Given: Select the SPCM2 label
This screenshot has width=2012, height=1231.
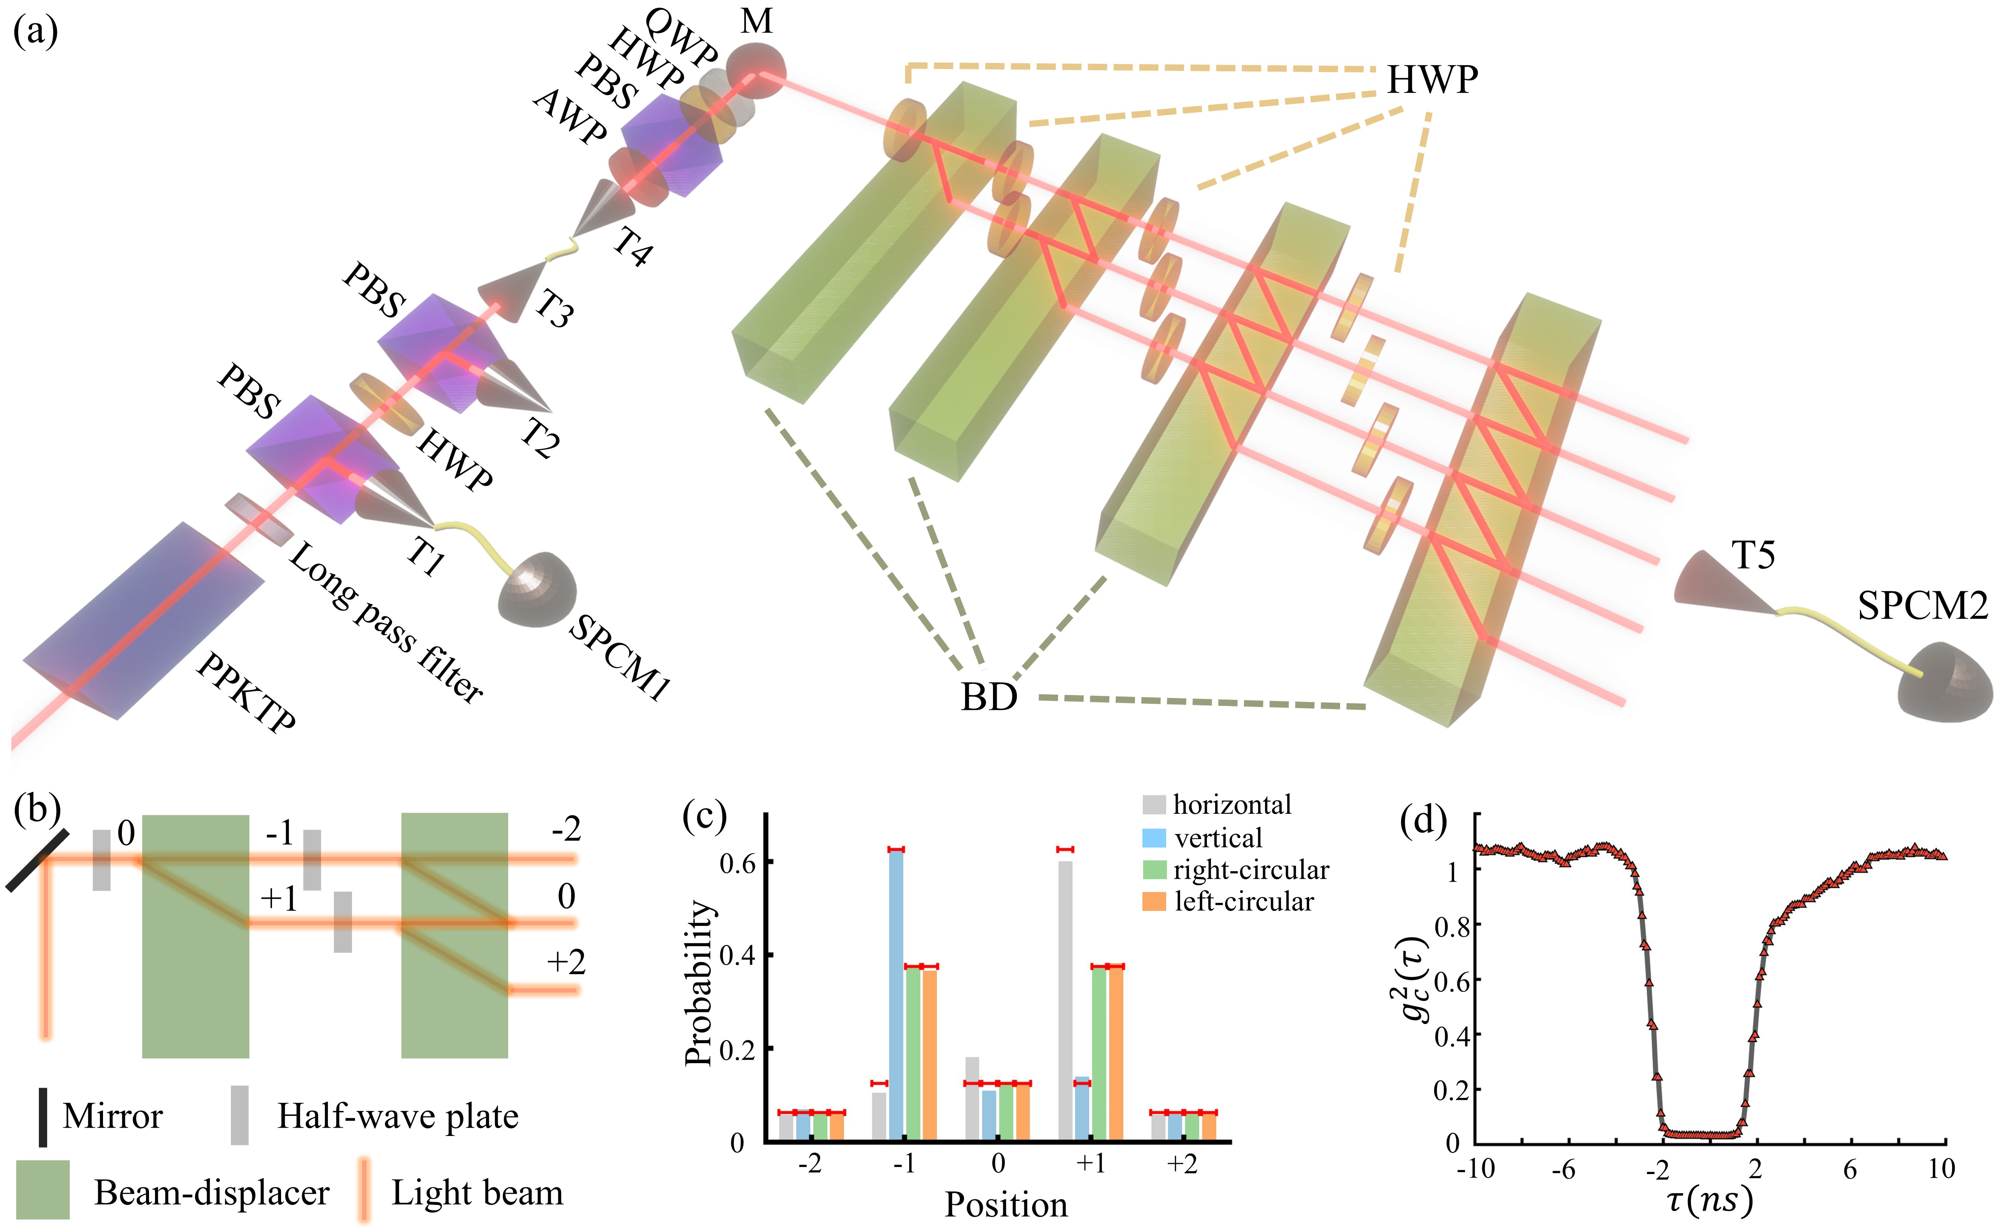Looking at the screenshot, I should pyautogui.click(x=1922, y=606).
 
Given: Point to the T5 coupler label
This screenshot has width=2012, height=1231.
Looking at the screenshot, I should pyautogui.click(x=1753, y=556).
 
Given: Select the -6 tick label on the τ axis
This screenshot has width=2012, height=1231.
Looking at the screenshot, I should pyautogui.click(x=1563, y=1170).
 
